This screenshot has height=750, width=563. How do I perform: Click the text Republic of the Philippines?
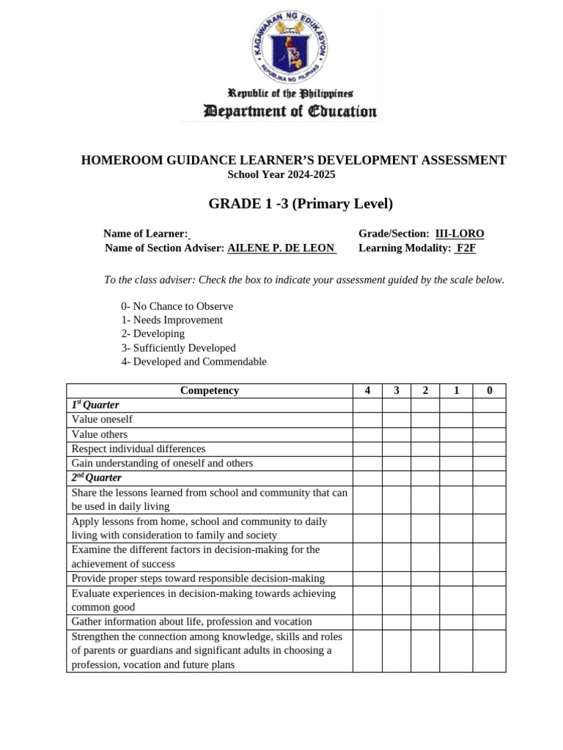tap(290, 94)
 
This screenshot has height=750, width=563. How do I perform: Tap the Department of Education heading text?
tap(290, 111)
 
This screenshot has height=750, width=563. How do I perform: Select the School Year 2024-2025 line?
tap(281, 174)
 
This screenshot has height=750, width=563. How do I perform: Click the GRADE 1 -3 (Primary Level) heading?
tap(301, 204)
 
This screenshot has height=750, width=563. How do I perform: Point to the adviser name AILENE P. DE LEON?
tap(281, 248)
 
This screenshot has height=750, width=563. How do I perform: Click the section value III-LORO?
tap(460, 234)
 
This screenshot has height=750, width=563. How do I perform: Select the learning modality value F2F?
tap(466, 248)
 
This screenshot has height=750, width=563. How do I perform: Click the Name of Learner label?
tap(145, 234)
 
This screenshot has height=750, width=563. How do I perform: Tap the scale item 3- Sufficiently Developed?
tap(178, 348)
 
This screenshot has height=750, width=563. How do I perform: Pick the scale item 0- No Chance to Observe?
tap(177, 306)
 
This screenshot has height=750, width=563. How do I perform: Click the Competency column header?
tap(210, 390)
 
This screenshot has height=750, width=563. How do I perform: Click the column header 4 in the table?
tap(367, 390)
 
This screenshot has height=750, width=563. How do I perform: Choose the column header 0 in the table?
tap(489, 390)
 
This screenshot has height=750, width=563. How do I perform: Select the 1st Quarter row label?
tap(95, 405)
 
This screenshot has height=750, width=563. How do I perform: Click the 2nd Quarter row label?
tap(96, 478)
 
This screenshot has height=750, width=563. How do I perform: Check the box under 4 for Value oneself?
tap(367, 420)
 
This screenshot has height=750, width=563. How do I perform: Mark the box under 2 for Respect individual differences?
tap(425, 449)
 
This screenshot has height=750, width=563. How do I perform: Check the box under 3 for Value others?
tap(397, 434)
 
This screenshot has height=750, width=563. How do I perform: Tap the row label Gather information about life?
tap(191, 622)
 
